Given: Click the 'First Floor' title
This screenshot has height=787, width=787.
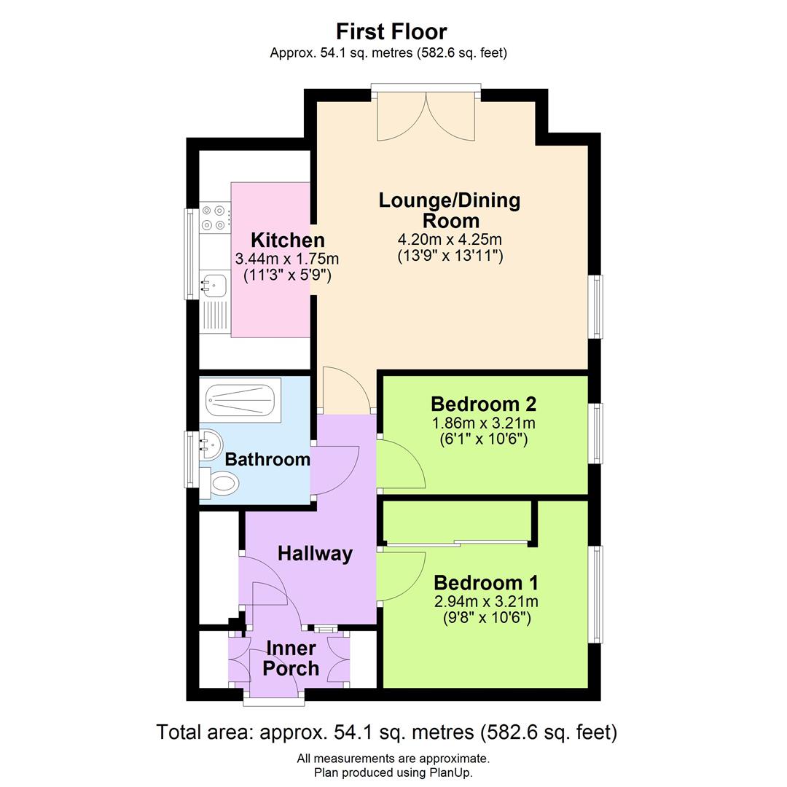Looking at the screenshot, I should click(x=391, y=31).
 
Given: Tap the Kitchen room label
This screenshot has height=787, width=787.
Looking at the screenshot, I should click(x=288, y=240).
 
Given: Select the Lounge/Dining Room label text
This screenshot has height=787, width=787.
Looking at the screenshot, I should click(x=450, y=210).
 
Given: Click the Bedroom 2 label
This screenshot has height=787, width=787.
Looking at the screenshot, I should click(x=483, y=404).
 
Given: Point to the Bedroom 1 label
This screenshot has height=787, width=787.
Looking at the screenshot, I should click(x=486, y=583).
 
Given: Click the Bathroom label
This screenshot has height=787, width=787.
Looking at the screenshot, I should click(x=267, y=459).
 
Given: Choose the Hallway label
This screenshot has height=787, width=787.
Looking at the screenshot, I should click(x=315, y=554).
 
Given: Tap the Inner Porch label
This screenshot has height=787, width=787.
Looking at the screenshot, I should click(x=291, y=658).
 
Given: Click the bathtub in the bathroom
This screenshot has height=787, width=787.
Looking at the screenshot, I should click(x=243, y=399).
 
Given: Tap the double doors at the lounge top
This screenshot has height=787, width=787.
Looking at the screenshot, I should click(x=426, y=115).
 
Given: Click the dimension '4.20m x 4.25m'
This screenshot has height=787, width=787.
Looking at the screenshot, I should click(x=450, y=240).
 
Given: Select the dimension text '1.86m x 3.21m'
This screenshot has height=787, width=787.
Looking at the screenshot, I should click(x=483, y=423).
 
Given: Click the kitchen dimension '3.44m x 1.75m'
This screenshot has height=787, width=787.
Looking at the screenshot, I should click(x=287, y=259).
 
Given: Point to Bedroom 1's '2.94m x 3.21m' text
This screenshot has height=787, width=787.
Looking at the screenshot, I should click(x=486, y=601).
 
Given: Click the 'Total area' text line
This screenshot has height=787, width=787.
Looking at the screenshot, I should click(x=387, y=732).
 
